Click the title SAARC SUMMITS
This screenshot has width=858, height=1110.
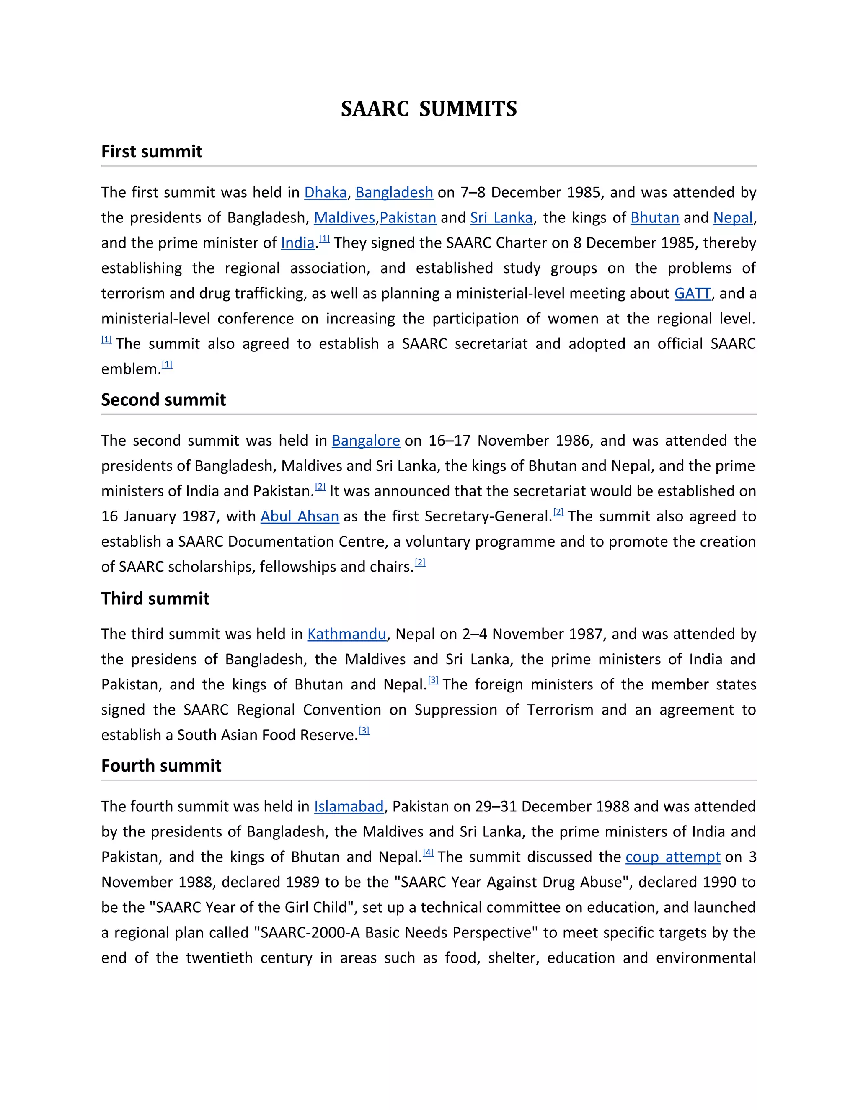(x=429, y=109)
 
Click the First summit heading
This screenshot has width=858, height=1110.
(x=152, y=152)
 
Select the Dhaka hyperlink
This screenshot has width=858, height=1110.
(x=325, y=193)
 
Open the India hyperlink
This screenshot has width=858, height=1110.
(x=297, y=243)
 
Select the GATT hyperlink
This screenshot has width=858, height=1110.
(x=692, y=294)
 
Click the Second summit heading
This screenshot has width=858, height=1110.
(x=163, y=400)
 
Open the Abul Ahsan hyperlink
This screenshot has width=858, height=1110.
(x=300, y=517)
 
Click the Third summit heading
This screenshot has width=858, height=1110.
(x=155, y=599)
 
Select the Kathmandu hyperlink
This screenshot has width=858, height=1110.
(x=346, y=634)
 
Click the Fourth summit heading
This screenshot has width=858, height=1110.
(x=161, y=766)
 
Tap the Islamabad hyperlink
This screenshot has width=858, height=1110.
(x=349, y=807)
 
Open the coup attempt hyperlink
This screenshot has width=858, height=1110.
(x=672, y=857)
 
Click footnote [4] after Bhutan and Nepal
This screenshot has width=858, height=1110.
(x=428, y=853)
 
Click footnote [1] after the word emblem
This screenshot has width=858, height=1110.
(x=167, y=364)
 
